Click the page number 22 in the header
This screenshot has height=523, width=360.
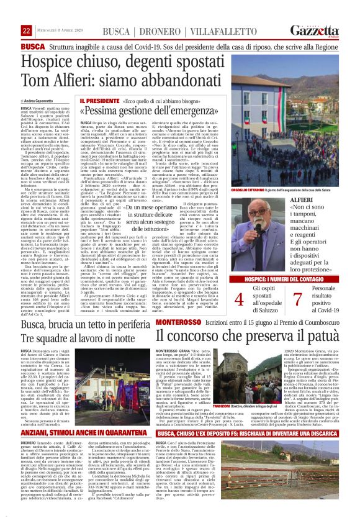pyautogui.click(x=26, y=30)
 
